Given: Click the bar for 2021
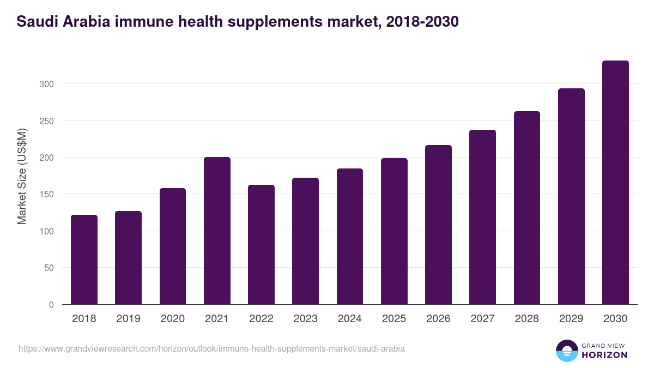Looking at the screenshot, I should coord(217,231).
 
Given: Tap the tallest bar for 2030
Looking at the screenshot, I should coord(615,183).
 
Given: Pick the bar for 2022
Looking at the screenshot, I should coord(261,245).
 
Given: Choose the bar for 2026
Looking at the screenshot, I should coord(438,225).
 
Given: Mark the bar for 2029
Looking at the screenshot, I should coord(571,196).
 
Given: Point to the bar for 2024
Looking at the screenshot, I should coord(350,237).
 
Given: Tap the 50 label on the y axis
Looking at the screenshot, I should coord(49,268).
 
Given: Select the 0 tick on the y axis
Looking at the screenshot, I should coord(51,305).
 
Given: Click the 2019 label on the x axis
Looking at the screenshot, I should coord(128,318).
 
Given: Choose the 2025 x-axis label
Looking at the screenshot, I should coord(394,318).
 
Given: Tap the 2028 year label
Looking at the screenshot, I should coord(527,318).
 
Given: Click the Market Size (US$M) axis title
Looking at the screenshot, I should coord(22,176).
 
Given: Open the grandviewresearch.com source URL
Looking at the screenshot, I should coord(211,348).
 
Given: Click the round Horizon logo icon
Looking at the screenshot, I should coord(567,351).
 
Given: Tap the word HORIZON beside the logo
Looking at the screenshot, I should coord(604,355).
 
